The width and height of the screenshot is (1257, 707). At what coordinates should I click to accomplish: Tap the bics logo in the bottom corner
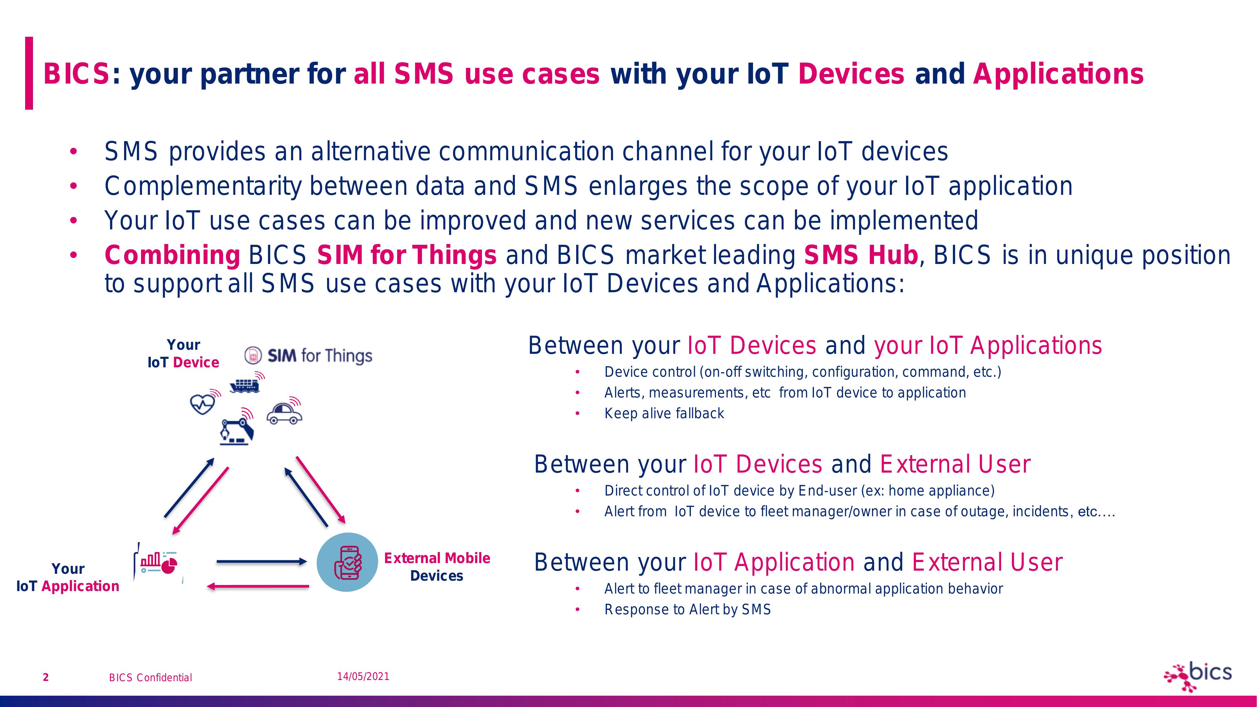[1198, 676]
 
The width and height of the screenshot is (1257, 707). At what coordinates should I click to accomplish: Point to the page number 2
[46, 677]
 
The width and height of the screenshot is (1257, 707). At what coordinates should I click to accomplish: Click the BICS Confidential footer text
[150, 677]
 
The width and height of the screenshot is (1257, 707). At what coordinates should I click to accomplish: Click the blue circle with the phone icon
[347, 562]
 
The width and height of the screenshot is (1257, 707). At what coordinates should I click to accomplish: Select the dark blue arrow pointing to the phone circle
[262, 562]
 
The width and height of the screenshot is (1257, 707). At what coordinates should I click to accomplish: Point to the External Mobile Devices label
[437, 567]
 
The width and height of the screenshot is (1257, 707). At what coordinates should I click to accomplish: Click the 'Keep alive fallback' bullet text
[664, 413]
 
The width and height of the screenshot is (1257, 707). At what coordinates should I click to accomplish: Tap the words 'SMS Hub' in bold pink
[861, 255]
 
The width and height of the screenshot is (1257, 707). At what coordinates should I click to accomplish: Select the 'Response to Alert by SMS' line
[687, 609]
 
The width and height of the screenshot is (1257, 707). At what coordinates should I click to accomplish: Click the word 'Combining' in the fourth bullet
[172, 255]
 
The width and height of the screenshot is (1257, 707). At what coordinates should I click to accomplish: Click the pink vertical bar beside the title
[29, 73]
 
